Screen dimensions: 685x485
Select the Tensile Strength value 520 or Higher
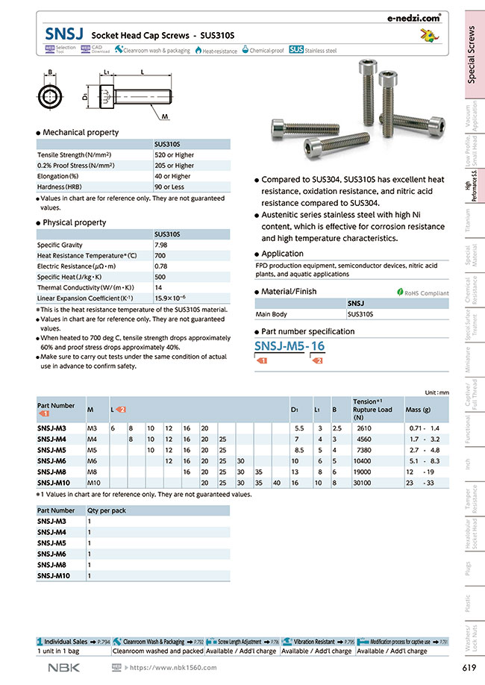click(174, 154)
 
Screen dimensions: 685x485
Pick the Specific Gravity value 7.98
click(160, 245)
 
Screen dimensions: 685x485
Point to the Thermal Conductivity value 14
click(158, 287)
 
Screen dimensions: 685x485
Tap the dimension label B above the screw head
click(50, 73)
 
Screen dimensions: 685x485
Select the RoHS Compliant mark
click(422, 293)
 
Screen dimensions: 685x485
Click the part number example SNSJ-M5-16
click(290, 345)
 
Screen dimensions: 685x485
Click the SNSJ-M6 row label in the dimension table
click(52, 461)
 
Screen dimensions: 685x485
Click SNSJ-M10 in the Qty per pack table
click(54, 576)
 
